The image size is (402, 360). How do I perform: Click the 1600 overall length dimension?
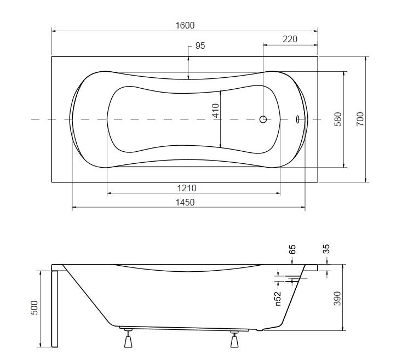tap(185, 25)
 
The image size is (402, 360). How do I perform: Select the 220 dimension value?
tap(290, 39)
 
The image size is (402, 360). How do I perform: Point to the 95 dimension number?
tap(200, 45)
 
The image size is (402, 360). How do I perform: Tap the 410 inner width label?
tap(216, 110)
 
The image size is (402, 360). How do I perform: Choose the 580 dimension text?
tap(338, 119)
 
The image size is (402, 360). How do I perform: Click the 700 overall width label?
tap(360, 119)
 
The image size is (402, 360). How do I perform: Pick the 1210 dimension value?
tap(187, 188)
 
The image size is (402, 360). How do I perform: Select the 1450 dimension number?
tap(185, 202)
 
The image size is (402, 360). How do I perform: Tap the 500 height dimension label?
tap(34, 307)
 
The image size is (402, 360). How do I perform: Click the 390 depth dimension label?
tap(338, 298)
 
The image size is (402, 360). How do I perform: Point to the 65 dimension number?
tap(292, 249)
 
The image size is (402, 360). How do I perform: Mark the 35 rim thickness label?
tap(326, 249)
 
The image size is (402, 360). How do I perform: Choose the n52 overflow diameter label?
tap(278, 299)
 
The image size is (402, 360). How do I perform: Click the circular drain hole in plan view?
tap(263, 119)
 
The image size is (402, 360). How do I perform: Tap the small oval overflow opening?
tap(297, 119)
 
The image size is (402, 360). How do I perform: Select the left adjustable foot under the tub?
tap(128, 339)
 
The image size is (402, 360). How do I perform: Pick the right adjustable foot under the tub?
tap(234, 339)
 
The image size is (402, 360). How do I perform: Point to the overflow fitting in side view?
tap(295, 279)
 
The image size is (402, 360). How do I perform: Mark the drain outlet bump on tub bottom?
tap(260, 330)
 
